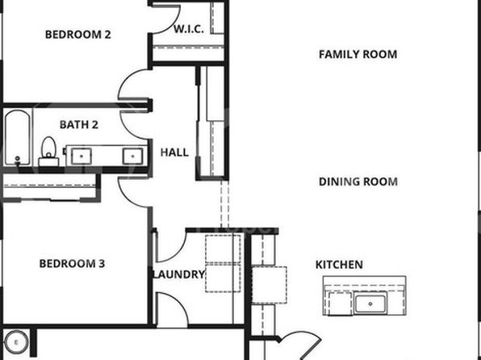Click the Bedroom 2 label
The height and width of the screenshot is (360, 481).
point(78,35)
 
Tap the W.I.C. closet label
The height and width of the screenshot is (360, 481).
point(189,29)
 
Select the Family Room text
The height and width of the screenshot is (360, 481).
point(358,54)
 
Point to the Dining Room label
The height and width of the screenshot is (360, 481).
point(358,182)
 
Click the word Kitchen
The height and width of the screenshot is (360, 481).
point(339,265)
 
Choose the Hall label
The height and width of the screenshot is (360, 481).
point(174,153)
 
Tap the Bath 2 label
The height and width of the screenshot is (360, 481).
point(79,124)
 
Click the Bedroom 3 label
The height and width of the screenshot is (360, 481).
point(72,263)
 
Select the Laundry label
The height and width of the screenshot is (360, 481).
point(179,274)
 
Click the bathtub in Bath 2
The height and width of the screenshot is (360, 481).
point(18,137)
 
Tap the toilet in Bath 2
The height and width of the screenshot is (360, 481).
point(48,152)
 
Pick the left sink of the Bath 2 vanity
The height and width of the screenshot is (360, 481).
point(82,156)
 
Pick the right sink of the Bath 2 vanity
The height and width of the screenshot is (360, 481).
point(132,156)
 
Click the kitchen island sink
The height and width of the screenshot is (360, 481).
point(370,303)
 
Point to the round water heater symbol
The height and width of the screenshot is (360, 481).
point(16,342)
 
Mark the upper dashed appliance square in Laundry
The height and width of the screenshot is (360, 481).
point(223,249)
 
